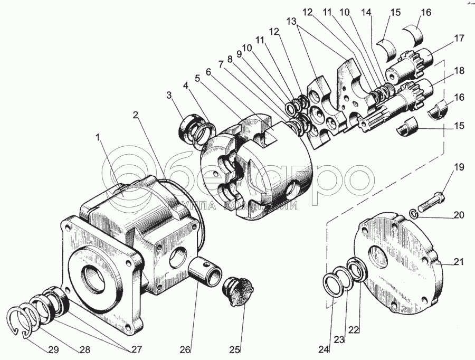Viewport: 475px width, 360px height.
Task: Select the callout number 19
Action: [459, 168]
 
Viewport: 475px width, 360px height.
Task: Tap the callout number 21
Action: [458, 262]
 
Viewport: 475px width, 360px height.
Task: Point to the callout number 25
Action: [235, 349]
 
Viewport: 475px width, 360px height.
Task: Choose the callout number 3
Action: [169, 95]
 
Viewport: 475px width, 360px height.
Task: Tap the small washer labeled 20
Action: [414, 213]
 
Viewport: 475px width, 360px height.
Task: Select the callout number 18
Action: [459, 70]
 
